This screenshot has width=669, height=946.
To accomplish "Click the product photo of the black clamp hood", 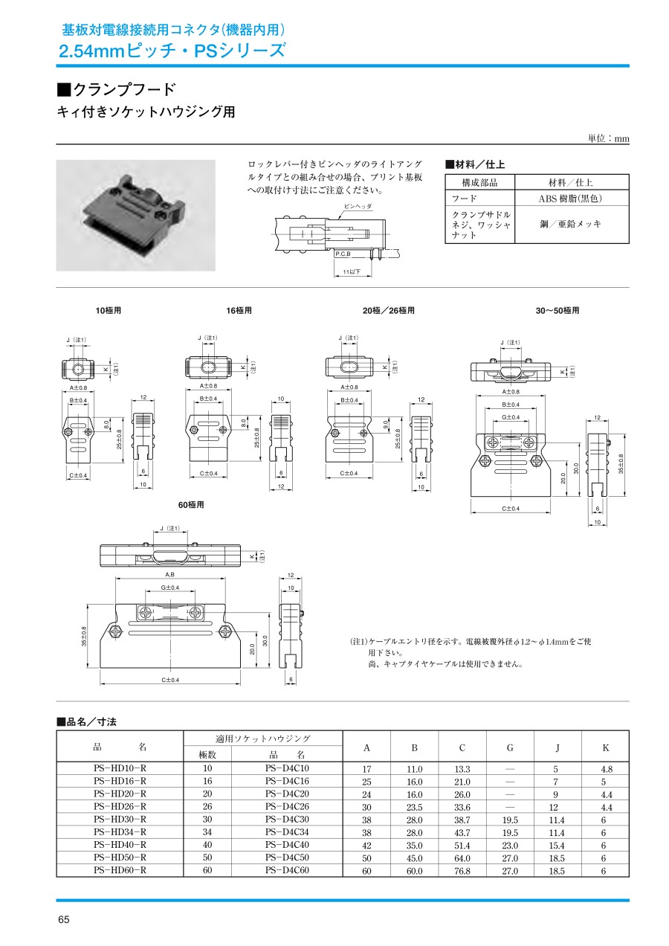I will pyautogui.click(x=135, y=214).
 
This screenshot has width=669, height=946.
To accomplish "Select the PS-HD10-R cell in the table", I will pyautogui.click(x=120, y=768).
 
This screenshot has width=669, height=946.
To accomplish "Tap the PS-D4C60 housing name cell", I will pyautogui.click(x=287, y=869).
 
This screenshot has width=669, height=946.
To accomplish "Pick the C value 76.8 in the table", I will pyautogui.click(x=462, y=870).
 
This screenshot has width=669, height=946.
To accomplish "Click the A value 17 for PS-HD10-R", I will pyautogui.click(x=366, y=769).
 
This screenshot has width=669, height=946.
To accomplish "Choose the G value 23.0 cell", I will pyautogui.click(x=510, y=845).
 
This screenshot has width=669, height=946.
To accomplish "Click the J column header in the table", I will pyautogui.click(x=557, y=747).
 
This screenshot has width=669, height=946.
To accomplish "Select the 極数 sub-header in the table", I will pyautogui.click(x=207, y=755).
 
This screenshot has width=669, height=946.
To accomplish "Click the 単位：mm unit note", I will pyautogui.click(x=608, y=139).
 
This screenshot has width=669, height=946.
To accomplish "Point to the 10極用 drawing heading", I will pyautogui.click(x=108, y=310).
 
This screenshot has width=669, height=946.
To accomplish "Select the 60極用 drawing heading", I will pyautogui.click(x=191, y=505).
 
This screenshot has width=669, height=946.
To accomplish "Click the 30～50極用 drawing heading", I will pyautogui.click(x=557, y=310).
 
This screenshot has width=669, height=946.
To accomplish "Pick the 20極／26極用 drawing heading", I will pyautogui.click(x=389, y=310).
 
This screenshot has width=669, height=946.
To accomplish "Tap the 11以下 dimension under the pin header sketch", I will pyautogui.click(x=352, y=272).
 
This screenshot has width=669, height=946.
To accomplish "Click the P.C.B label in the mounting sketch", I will pyautogui.click(x=343, y=254).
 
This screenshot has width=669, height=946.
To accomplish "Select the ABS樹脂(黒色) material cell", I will pyautogui.click(x=570, y=199).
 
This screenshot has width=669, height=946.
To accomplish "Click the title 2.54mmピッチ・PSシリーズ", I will pyautogui.click(x=172, y=51).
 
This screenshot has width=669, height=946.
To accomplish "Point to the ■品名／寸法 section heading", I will pyautogui.click(x=87, y=721).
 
